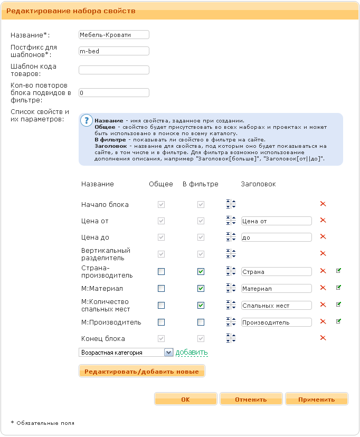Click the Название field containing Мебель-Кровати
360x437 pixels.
pos(113,35)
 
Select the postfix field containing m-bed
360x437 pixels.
pos(113,51)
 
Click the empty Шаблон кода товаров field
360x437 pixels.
pos(113,70)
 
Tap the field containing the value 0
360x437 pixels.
pos(113,93)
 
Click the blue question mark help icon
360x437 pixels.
pos(86,120)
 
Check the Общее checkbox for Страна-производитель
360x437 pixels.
pos(162,272)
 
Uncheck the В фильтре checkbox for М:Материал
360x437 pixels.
pos(201,289)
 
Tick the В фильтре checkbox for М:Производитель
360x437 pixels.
pos(201,322)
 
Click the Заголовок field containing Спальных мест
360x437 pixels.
pos(276,306)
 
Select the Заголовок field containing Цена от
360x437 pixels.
pos(276,221)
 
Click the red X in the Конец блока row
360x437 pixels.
pos(323,338)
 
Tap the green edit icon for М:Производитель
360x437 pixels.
pos(339,321)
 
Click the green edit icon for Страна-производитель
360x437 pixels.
pos(339,271)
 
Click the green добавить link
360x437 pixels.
pos(192,353)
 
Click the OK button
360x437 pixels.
pos(185,400)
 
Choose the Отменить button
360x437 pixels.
pos(251,400)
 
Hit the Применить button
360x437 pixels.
pos(316,400)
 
